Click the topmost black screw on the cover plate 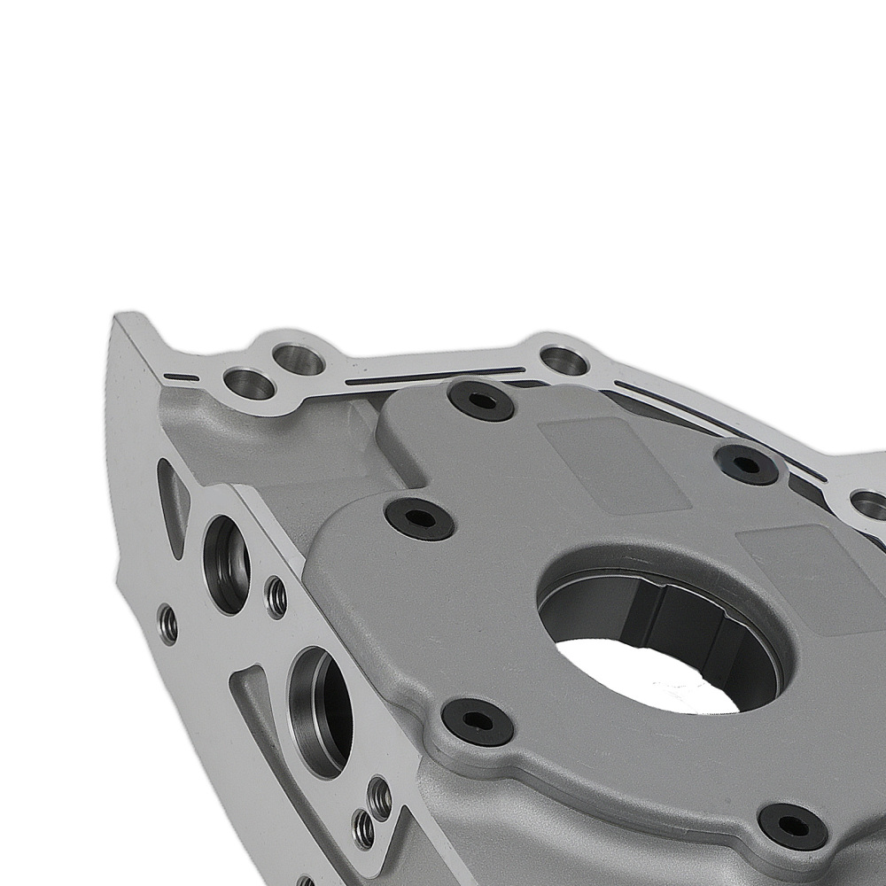pos(480,400)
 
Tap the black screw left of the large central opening pos(419,517)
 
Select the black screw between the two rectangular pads pos(747,463)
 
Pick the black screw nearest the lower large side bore pos(478,721)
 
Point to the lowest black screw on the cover pos(793,826)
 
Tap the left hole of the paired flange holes pos(249,383)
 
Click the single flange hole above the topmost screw pos(563,360)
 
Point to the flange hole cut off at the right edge pos(869,506)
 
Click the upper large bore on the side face pos(227,563)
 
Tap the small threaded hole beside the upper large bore pos(276,598)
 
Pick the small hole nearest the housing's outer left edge pos(167,625)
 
